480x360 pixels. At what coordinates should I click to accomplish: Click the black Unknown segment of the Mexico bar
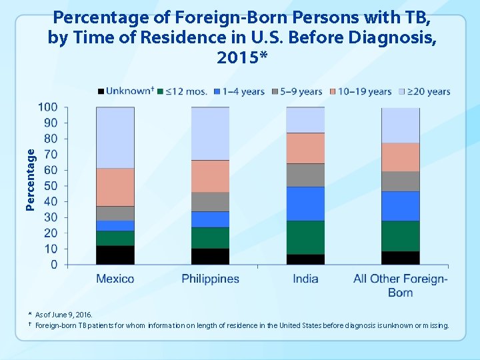tap(115, 255)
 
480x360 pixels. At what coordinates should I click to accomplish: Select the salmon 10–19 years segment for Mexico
tap(115, 187)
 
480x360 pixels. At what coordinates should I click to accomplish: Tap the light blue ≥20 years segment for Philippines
tap(210, 133)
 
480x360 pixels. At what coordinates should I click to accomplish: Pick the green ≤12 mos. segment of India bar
tap(305, 237)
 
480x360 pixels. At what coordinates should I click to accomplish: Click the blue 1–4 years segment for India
tap(305, 203)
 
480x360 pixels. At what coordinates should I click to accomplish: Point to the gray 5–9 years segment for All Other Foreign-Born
tap(400, 181)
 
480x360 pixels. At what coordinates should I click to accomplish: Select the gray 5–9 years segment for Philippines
tap(210, 201)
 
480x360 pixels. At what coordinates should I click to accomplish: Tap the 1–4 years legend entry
tap(240, 91)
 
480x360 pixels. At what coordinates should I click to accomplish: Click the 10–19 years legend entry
tap(364, 91)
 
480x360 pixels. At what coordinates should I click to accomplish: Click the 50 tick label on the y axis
tap(51, 186)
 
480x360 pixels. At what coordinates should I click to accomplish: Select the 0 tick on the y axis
tap(54, 265)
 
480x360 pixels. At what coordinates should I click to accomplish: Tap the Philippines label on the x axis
tap(210, 279)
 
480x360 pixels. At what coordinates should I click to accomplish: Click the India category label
tap(305, 279)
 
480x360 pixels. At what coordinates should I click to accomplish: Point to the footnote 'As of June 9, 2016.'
tap(64, 314)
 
